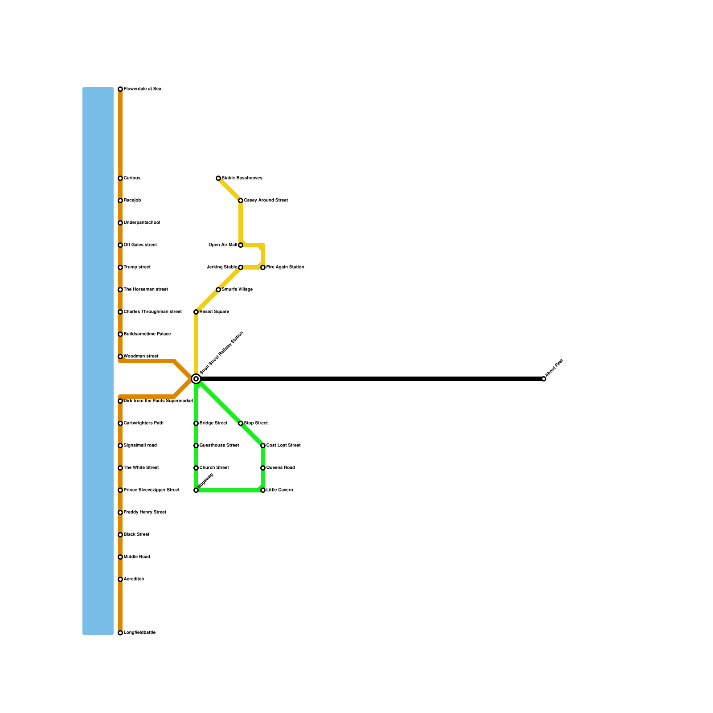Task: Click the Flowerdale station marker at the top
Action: click(x=120, y=89)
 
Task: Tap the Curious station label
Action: click(x=132, y=178)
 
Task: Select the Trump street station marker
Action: click(x=120, y=267)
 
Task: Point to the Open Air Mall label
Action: click(x=223, y=245)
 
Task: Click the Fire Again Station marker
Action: click(x=263, y=267)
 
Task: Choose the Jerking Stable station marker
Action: click(x=241, y=267)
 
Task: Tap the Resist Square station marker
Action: click(x=196, y=312)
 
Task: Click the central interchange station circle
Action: click(x=196, y=379)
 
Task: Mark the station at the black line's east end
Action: click(x=544, y=379)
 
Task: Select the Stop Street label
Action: click(x=256, y=423)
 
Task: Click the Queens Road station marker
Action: click(x=263, y=468)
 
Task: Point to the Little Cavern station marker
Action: click(x=263, y=490)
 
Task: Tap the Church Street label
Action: click(x=214, y=468)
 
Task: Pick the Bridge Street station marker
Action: click(x=196, y=423)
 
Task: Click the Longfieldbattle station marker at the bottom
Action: click(x=120, y=633)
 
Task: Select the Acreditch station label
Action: click(x=134, y=579)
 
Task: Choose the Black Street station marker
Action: click(x=120, y=535)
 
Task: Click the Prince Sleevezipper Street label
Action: click(x=152, y=490)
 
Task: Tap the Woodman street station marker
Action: click(x=120, y=356)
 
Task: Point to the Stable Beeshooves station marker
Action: click(x=218, y=178)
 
